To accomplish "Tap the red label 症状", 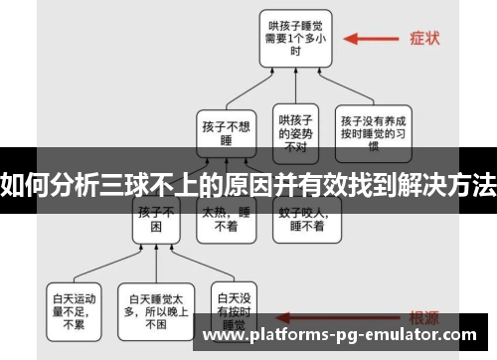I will [424, 41].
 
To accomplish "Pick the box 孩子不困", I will [156, 219].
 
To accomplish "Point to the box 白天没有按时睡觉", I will [234, 307].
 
